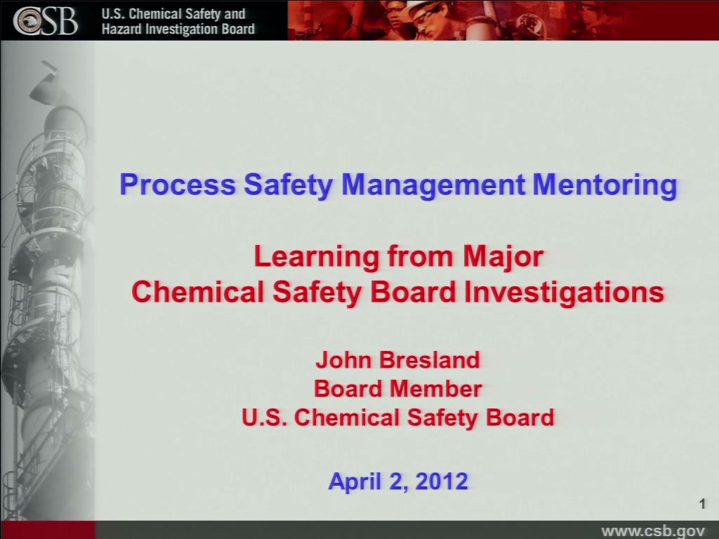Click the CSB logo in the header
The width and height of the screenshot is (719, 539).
point(45,20)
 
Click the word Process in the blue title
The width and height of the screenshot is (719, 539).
point(178,185)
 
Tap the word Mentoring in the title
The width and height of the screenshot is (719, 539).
point(605,185)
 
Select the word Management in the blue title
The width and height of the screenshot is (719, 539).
point(433,185)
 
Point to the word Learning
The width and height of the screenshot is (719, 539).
point(317,256)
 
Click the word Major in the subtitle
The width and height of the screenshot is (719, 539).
point(503,257)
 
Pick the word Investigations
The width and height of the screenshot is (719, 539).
point(564,293)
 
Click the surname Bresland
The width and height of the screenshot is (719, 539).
point(429,360)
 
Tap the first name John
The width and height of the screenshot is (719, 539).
point(343,360)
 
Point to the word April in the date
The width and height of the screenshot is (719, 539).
point(355,482)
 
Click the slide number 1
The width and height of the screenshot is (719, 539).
point(702,504)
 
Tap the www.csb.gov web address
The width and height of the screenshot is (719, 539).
point(653,531)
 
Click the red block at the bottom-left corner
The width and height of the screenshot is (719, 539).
point(48,530)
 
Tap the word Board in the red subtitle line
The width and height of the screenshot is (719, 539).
point(413,293)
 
